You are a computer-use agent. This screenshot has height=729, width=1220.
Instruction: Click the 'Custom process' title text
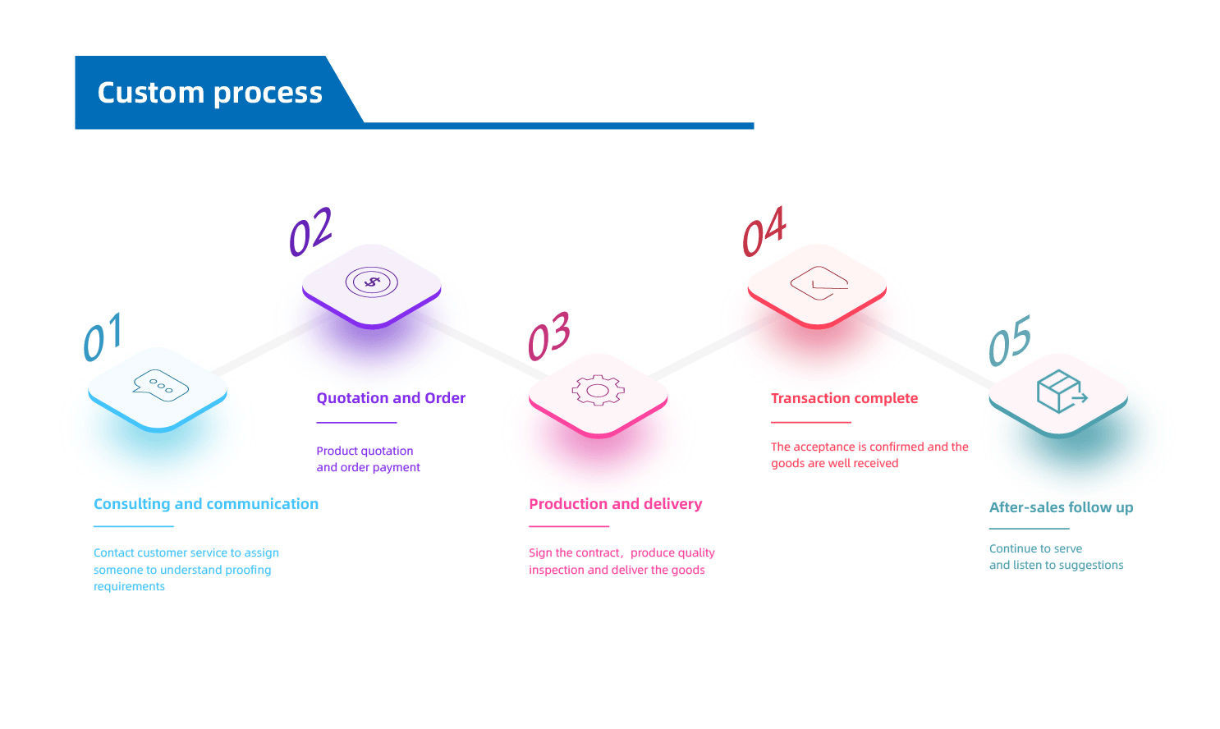click(x=209, y=93)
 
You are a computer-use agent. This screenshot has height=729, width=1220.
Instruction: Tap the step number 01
click(x=103, y=337)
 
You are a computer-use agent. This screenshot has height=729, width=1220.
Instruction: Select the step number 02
click(x=310, y=232)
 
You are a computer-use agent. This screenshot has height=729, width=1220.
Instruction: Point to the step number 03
click(x=548, y=337)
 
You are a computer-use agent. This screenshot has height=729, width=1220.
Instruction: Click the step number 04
click(x=764, y=232)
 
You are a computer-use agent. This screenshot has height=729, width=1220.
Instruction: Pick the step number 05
click(x=1009, y=341)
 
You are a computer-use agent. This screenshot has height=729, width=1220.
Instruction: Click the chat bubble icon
click(x=161, y=385)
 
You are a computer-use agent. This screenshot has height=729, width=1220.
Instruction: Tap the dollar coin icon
click(x=372, y=282)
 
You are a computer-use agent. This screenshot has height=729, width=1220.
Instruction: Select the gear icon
click(x=598, y=391)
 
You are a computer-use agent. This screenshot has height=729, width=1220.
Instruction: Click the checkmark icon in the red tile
click(x=819, y=283)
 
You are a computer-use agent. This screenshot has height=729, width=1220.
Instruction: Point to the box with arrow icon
click(x=1061, y=391)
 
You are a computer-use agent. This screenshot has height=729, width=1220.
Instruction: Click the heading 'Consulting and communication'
click(x=206, y=504)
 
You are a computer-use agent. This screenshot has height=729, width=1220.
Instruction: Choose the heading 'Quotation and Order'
click(x=391, y=398)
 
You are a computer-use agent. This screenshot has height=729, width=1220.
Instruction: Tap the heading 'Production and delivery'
click(x=616, y=504)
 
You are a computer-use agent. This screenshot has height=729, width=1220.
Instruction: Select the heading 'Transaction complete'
click(x=844, y=398)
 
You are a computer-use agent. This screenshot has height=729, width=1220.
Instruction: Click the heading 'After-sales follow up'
click(x=1061, y=507)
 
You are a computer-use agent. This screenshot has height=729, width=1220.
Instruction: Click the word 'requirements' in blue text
click(x=129, y=586)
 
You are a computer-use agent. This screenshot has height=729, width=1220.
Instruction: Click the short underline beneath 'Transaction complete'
click(x=810, y=422)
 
